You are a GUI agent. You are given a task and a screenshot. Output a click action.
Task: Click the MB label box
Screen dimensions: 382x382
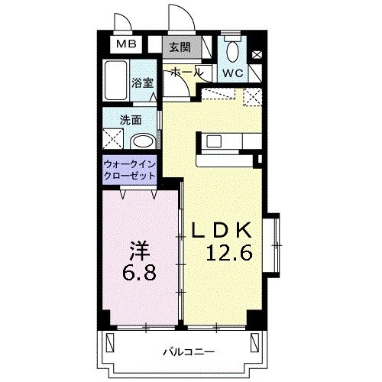coord(126,44)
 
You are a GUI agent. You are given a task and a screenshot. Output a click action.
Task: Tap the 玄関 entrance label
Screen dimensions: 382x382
coord(180,47)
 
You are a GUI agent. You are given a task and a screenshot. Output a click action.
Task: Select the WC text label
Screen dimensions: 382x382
coord(233,73)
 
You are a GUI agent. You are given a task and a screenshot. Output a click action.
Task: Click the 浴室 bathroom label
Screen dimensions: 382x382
coord(141,83)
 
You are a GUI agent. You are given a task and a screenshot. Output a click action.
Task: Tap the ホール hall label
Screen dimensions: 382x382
coord(185,71)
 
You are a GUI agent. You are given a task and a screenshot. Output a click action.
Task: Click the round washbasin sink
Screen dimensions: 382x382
coord(141,143)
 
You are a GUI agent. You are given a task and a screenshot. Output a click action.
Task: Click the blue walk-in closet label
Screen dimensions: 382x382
coord(129,170)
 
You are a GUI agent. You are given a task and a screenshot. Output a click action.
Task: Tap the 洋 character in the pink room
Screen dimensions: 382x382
coord(137,249)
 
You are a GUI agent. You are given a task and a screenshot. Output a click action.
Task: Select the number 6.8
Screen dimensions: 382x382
coord(140,272)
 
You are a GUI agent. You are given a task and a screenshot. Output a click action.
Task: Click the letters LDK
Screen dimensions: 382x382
coord(227,229)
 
